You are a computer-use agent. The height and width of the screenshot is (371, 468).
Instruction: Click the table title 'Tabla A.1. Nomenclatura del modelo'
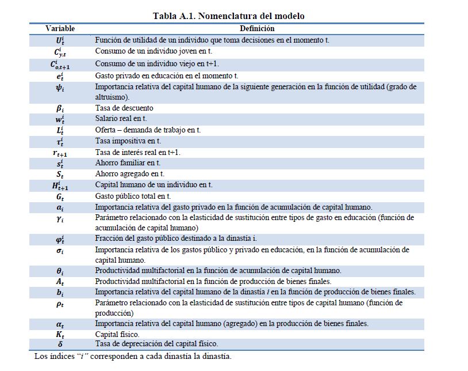tap(229, 16)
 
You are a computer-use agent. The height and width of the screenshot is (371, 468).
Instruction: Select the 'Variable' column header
tap(60, 28)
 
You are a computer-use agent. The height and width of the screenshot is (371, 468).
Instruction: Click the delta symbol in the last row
tap(60, 344)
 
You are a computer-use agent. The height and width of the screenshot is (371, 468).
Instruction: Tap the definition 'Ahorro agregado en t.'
tap(130, 174)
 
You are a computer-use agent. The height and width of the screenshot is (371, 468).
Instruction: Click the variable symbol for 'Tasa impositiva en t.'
tap(60, 141)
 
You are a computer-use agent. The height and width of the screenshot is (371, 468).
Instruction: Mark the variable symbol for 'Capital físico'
tap(60, 334)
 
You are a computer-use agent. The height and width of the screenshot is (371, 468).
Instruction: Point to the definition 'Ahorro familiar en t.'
tap(128, 163)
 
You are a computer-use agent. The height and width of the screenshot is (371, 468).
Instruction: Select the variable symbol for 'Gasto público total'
tap(60, 196)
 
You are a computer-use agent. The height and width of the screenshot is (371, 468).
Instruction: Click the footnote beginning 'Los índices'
tap(132, 356)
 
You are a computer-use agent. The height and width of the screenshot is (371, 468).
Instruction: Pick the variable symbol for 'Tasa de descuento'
tap(60, 108)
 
